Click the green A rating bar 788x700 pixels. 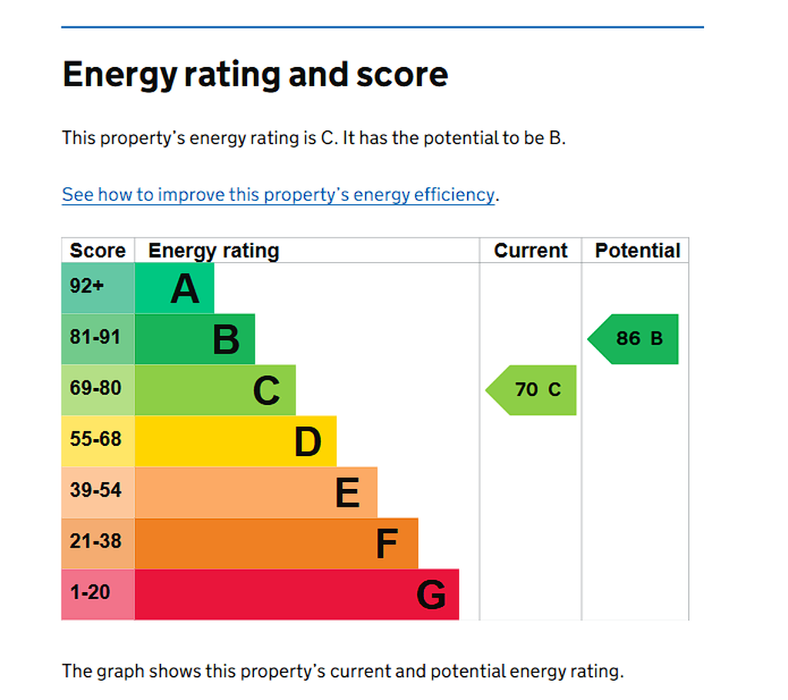[175, 288]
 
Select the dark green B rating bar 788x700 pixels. [195, 339]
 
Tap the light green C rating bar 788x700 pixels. [215, 390]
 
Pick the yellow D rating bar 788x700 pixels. [235, 441]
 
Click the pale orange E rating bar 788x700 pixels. [256, 492]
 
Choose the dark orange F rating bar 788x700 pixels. [276, 543]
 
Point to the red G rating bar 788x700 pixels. [297, 594]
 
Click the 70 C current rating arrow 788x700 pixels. [531, 390]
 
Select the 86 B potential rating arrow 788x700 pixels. [633, 339]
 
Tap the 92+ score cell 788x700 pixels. [98, 288]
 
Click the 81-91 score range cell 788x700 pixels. [98, 339]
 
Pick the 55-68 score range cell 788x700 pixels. [98, 441]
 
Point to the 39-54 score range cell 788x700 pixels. [98, 492]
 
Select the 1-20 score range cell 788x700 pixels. [98, 594]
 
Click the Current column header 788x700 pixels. [531, 250]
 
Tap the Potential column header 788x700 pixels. [638, 250]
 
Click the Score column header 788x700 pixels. [98, 250]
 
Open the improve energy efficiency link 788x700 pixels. [279, 195]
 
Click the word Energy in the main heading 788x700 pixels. [120, 75]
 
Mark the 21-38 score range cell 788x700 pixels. [98, 543]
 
